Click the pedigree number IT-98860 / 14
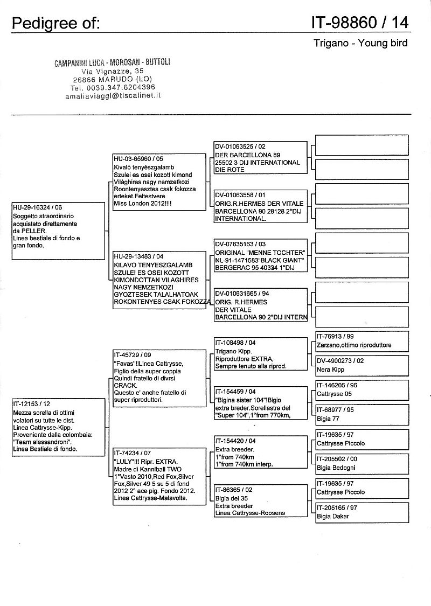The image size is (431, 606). pyautogui.click(x=359, y=23)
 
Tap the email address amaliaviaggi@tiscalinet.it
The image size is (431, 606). pyautogui.click(x=112, y=95)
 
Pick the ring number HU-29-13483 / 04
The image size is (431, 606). pyautogui.click(x=138, y=256)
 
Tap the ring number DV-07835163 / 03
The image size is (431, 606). pyautogui.click(x=240, y=244)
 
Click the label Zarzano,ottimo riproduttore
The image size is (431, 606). pyautogui.click(x=354, y=345)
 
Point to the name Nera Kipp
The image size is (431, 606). pyautogui.click(x=330, y=370)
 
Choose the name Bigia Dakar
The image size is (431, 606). pyautogui.click(x=333, y=517)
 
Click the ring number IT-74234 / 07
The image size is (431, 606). pyautogui.click(x=133, y=454)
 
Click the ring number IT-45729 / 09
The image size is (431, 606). pyautogui.click(x=133, y=356)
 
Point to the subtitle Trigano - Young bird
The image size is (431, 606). pyautogui.click(x=360, y=43)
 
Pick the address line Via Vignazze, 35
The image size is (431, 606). pyautogui.click(x=112, y=71)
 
